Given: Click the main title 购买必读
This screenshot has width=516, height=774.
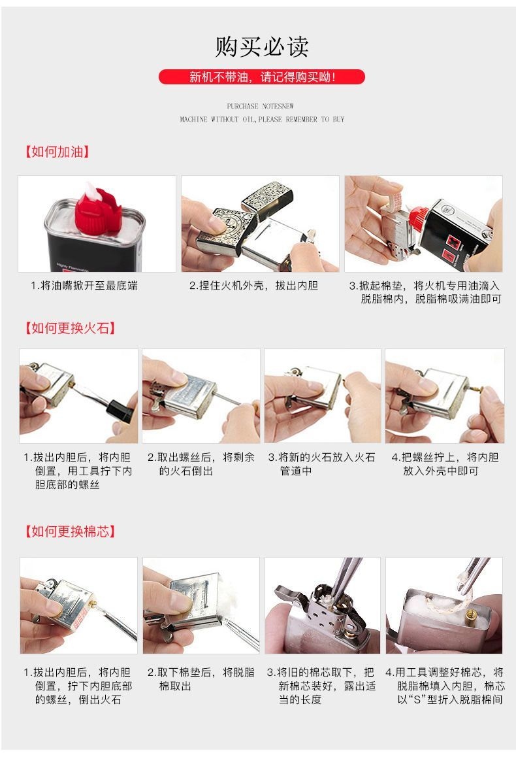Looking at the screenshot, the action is [x=261, y=47].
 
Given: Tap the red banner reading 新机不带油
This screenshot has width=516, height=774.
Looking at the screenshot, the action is [x=261, y=77].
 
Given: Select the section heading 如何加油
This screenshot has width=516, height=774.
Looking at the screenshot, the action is [x=57, y=152].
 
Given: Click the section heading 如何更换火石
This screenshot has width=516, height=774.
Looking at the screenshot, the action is [x=70, y=328].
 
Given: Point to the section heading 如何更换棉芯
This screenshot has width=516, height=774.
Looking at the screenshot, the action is [x=70, y=531].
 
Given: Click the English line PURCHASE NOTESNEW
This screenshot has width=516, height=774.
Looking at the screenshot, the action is [x=261, y=106].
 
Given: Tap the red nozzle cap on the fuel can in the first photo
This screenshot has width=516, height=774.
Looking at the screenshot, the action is [x=97, y=210].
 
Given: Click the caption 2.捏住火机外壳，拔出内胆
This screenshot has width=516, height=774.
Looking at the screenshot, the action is [x=253, y=286].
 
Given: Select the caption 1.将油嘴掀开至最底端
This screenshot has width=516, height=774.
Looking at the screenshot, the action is [x=84, y=286].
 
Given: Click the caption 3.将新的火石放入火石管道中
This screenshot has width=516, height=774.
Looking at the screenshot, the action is [x=321, y=464].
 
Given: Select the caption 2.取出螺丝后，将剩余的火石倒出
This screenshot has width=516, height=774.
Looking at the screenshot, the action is [x=201, y=464].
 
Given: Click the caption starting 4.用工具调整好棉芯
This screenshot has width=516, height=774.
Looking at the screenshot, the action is [x=444, y=686].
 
